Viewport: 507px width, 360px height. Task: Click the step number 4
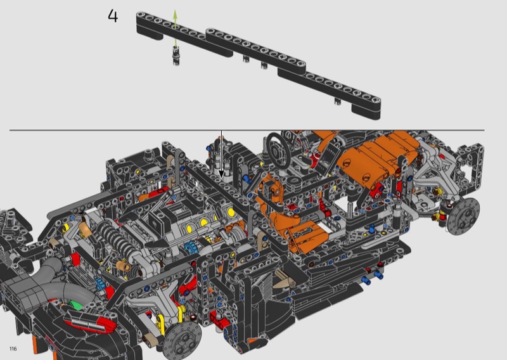(x=113, y=16)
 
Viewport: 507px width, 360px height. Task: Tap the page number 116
(x=13, y=349)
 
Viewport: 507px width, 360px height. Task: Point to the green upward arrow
(x=175, y=29)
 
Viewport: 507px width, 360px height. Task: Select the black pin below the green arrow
(x=176, y=56)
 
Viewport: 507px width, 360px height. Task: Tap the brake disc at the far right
(x=464, y=215)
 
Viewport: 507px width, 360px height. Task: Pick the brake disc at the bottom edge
(x=182, y=338)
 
